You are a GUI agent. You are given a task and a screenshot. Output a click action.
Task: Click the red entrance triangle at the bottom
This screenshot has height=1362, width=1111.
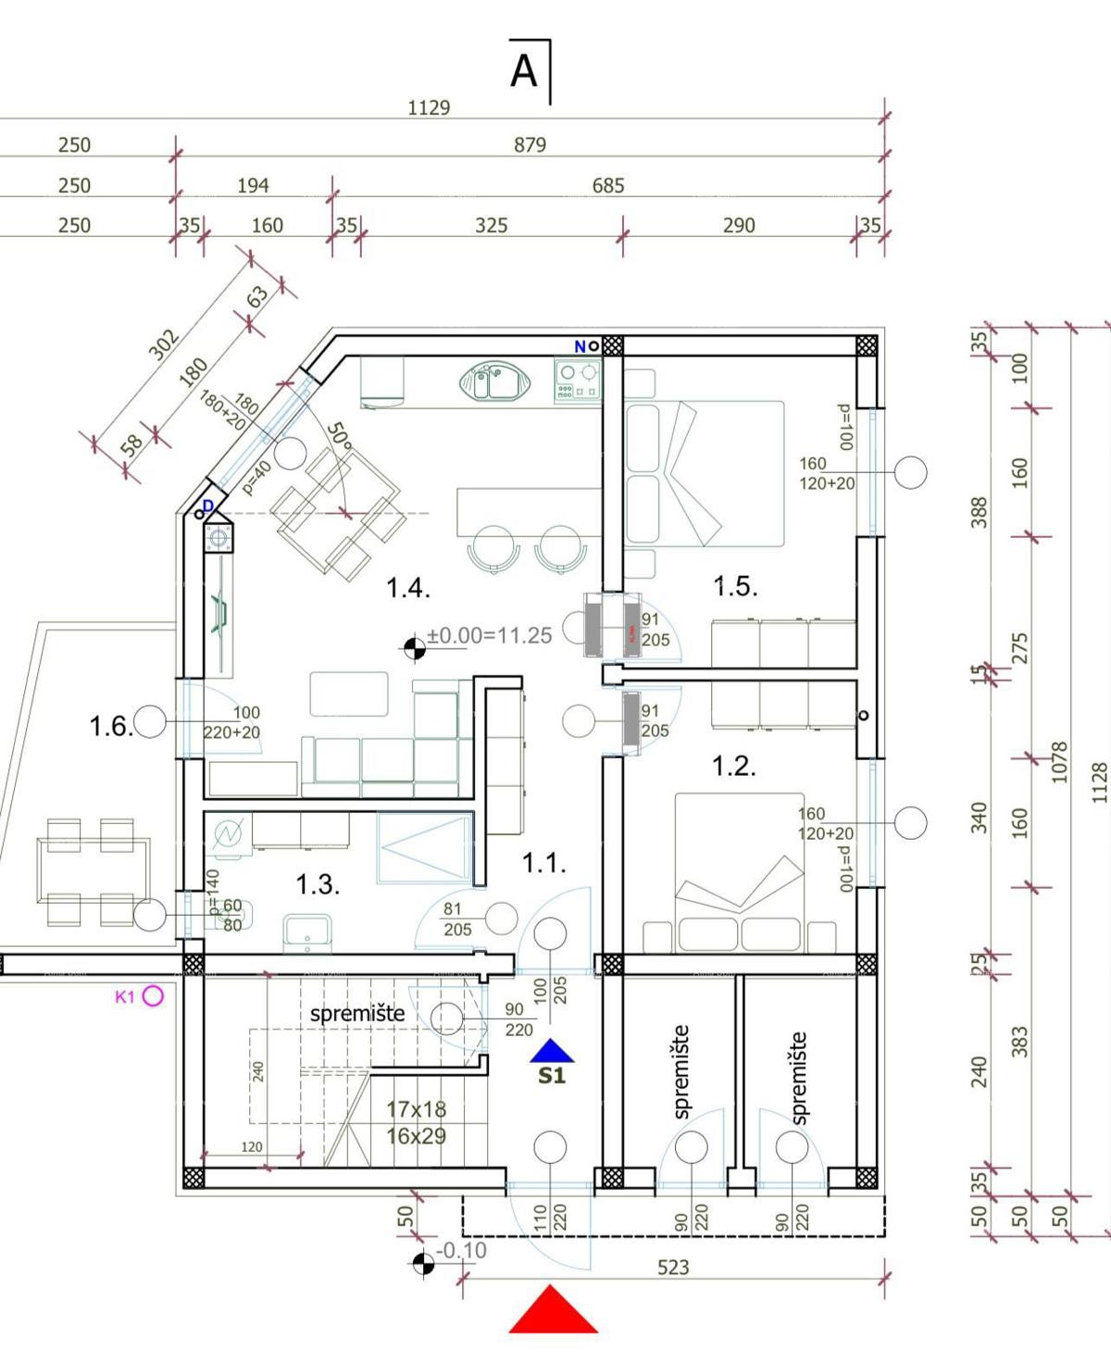[x=553, y=1312]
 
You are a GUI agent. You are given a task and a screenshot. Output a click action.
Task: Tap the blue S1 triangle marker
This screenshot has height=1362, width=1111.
[x=553, y=1052]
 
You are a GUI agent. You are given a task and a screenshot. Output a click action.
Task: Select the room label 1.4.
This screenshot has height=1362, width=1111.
[x=407, y=588]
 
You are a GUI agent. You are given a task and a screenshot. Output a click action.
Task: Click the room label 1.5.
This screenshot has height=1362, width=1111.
[x=735, y=586]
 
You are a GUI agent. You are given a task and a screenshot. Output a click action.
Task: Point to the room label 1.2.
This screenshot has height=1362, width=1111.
[x=733, y=766]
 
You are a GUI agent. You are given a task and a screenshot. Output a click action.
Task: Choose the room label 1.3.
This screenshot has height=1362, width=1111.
[x=318, y=884]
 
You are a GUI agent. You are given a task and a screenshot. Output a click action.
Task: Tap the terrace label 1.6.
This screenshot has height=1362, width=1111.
[x=111, y=726]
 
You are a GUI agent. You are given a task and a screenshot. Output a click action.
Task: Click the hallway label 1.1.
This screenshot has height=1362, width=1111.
[x=543, y=863]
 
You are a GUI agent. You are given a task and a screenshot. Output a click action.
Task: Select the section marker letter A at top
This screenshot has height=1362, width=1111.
[x=524, y=71]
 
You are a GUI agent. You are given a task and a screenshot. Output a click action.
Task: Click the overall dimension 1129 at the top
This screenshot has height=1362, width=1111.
[x=429, y=108]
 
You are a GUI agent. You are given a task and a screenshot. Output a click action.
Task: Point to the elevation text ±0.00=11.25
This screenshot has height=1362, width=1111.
[x=489, y=636]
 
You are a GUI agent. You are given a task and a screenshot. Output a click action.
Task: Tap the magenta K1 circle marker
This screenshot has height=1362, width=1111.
[x=153, y=996]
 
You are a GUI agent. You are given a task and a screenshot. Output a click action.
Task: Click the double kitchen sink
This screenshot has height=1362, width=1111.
[x=494, y=381]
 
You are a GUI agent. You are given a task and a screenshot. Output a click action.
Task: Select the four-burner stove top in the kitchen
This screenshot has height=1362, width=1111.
[x=578, y=381]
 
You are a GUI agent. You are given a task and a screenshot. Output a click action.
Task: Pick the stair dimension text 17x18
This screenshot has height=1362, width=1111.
[x=416, y=1109]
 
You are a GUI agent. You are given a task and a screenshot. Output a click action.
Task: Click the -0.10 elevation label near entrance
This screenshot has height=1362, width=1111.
[x=461, y=1251]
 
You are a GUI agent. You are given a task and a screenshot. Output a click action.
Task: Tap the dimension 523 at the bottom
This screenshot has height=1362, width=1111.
[x=673, y=1268]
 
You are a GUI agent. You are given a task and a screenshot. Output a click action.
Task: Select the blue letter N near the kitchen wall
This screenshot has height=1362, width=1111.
[x=580, y=346]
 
